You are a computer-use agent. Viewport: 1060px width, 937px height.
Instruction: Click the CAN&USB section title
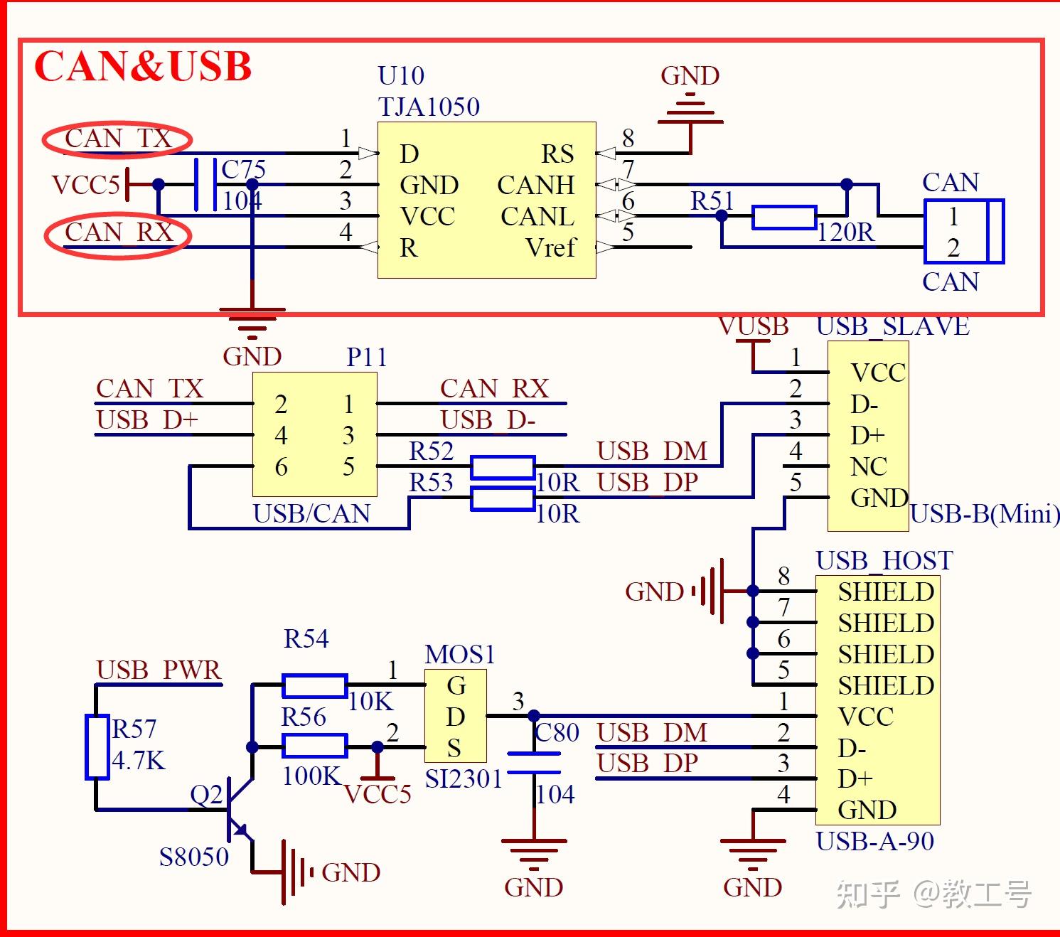click(143, 66)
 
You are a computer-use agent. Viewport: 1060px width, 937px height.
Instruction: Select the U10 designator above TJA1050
click(401, 76)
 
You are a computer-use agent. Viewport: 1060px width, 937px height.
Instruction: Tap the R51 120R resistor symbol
click(783, 217)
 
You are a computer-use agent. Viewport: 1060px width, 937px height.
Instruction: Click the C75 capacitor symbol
click(205, 184)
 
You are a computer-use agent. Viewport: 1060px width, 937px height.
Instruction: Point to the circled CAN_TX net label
click(118, 139)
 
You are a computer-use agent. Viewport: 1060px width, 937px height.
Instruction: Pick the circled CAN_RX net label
click(119, 232)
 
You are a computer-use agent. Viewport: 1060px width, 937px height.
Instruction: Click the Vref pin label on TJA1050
click(550, 247)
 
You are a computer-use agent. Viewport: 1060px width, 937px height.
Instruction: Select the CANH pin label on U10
click(536, 186)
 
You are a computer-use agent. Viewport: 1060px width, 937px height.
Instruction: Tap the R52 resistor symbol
click(502, 467)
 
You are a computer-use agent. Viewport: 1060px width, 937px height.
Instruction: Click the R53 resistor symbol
click(502, 498)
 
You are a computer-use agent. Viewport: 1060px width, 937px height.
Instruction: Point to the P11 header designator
click(366, 358)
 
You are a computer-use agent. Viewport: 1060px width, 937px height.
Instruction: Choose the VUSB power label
click(753, 326)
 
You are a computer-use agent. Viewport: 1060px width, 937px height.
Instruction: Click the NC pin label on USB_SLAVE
click(869, 466)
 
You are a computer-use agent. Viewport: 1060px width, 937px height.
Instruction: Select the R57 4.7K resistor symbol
click(97, 746)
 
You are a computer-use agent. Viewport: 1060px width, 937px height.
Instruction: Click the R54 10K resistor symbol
click(314, 685)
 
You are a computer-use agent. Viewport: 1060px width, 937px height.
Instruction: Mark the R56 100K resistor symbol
click(314, 746)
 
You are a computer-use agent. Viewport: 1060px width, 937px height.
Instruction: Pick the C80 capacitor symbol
click(534, 762)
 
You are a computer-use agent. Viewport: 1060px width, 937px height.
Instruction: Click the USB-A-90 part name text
click(874, 842)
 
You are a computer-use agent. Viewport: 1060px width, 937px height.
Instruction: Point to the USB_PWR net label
click(159, 670)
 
